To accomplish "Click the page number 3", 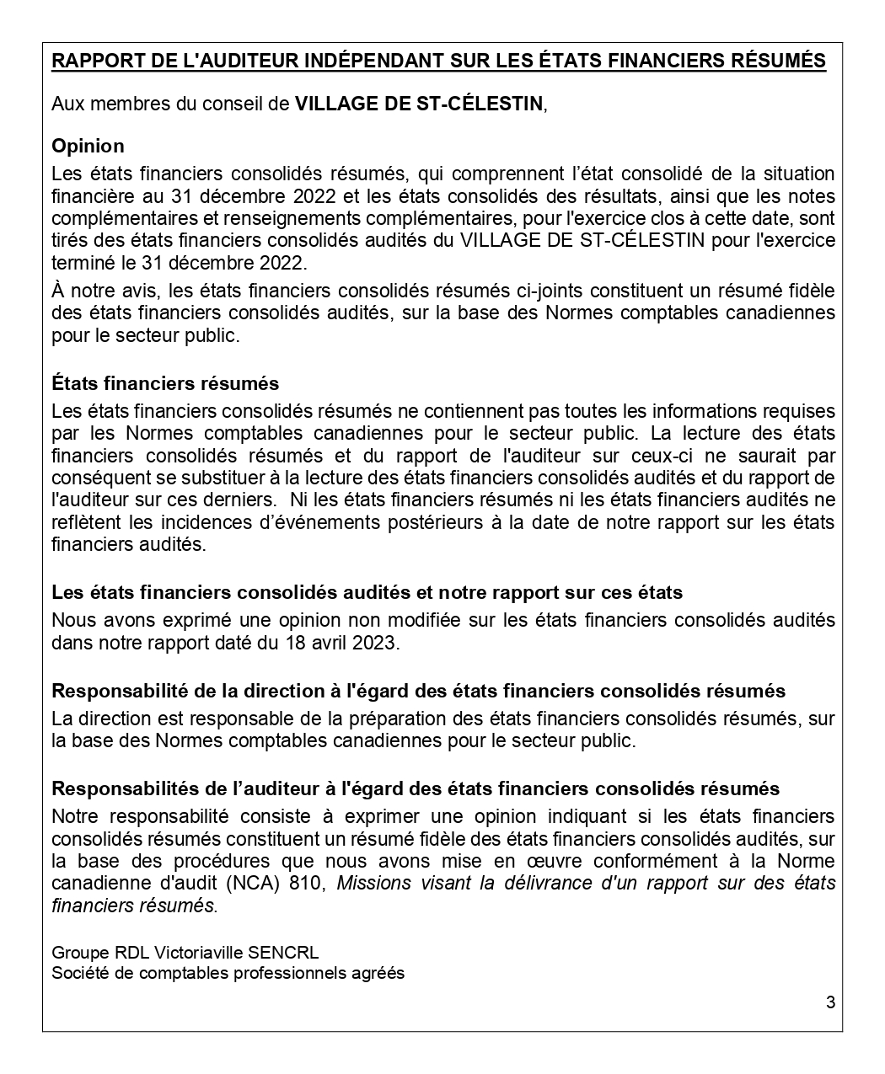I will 830,1002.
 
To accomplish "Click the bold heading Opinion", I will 88,146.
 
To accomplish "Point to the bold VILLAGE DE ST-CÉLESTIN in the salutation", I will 419,104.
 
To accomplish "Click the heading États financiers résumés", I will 165,383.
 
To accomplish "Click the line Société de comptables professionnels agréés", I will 228,973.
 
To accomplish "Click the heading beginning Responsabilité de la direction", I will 418,691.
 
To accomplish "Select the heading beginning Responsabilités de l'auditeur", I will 416,788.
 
